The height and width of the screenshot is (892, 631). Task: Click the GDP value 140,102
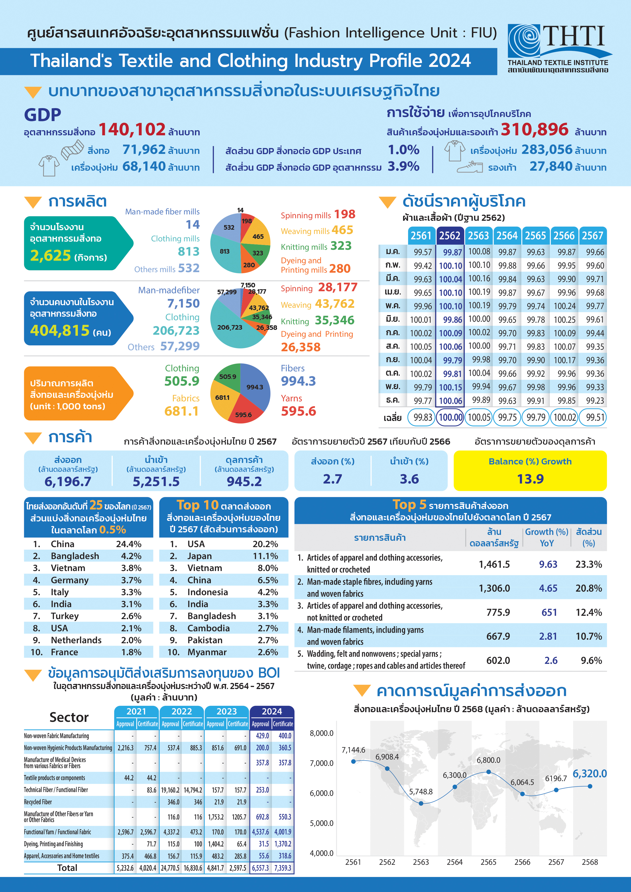[x=132, y=130]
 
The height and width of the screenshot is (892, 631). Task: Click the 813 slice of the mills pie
[x=225, y=251]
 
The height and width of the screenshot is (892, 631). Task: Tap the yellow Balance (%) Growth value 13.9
[x=530, y=479]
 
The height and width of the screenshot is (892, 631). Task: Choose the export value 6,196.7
[x=68, y=482]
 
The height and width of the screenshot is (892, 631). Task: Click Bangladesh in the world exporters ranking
[x=75, y=556]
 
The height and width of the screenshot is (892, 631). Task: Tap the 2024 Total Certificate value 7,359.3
[x=283, y=868]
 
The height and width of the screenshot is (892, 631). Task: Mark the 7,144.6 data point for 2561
[x=353, y=762]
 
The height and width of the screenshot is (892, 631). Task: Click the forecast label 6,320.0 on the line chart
[x=590, y=773]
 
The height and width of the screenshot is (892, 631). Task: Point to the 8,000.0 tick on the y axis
[x=321, y=733]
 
